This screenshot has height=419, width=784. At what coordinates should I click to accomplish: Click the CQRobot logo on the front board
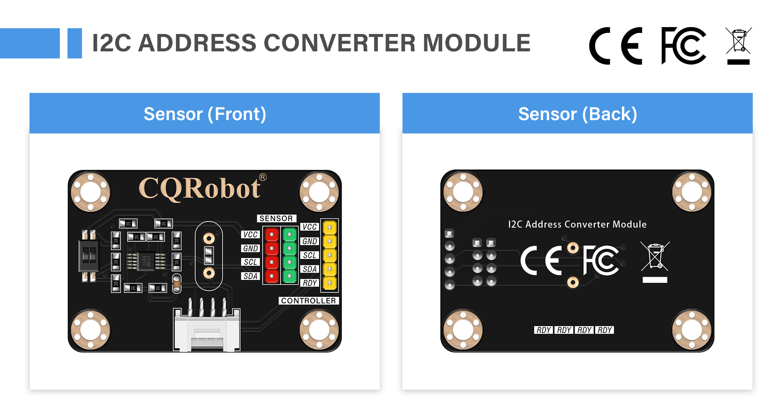pyautogui.click(x=200, y=189)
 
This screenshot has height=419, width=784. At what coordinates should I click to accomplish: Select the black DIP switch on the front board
pyautogui.click(x=89, y=256)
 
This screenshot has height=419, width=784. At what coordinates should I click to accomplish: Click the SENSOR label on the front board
pyautogui.click(x=276, y=218)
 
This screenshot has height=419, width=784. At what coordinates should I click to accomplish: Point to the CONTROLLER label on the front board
pyautogui.click(x=308, y=301)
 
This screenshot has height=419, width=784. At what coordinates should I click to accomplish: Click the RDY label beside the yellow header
pyautogui.click(x=310, y=283)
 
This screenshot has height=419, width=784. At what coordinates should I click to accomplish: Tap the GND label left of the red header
pyautogui.click(x=250, y=248)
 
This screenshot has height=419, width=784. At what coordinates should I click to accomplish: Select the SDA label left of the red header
pyautogui.click(x=250, y=276)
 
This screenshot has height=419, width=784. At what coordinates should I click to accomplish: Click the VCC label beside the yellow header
pyautogui.click(x=310, y=227)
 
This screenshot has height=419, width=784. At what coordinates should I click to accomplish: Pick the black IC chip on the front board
pyautogui.click(x=146, y=261)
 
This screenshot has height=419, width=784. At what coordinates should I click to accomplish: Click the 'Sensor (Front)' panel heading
pyautogui.click(x=204, y=114)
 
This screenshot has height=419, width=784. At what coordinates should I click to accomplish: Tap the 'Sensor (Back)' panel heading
pyautogui.click(x=577, y=114)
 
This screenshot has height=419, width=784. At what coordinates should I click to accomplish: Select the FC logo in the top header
pyautogui.click(x=683, y=45)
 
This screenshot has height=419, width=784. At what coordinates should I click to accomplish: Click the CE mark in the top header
pyautogui.click(x=615, y=46)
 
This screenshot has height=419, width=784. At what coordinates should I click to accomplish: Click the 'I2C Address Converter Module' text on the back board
pyautogui.click(x=577, y=224)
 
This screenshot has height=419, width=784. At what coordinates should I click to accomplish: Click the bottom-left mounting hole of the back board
pyautogui.click(x=463, y=330)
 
